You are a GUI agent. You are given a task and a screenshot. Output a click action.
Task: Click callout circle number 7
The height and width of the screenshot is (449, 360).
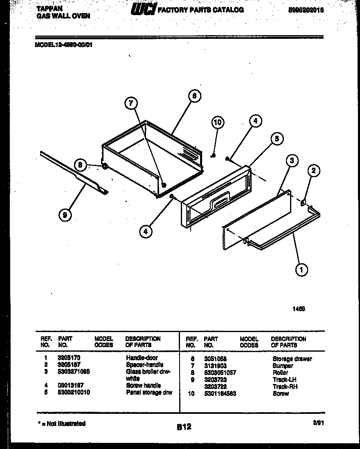131,104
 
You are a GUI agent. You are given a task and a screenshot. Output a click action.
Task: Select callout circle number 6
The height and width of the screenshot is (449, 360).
195,96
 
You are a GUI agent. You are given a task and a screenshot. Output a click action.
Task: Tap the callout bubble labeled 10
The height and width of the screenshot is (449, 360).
218,122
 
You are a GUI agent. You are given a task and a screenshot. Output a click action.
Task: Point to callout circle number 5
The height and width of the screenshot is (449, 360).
277,139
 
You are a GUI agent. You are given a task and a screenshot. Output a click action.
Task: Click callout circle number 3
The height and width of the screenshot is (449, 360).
292,161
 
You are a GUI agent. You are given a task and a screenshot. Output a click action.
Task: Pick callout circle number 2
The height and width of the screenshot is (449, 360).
313,171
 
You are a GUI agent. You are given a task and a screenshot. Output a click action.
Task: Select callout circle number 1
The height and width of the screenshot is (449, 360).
301,269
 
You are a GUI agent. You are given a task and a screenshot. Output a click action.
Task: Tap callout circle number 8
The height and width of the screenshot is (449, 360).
81,165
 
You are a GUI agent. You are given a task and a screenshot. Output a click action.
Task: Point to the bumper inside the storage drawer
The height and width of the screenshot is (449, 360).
164,185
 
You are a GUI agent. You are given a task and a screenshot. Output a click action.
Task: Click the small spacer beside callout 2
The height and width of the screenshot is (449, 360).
303,202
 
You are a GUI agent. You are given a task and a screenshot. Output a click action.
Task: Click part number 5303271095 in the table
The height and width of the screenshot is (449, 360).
74,372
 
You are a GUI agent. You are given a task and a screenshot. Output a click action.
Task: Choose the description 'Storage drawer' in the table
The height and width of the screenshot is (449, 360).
292,359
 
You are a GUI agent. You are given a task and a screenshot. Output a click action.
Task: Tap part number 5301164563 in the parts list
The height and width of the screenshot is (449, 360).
220,393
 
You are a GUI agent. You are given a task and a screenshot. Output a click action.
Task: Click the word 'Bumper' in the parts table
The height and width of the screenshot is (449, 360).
283,366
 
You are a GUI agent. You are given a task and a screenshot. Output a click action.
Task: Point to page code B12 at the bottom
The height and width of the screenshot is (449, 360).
184,427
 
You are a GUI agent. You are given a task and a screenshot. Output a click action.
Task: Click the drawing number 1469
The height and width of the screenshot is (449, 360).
299,310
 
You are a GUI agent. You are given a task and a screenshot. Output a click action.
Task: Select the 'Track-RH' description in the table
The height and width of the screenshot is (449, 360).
285,386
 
